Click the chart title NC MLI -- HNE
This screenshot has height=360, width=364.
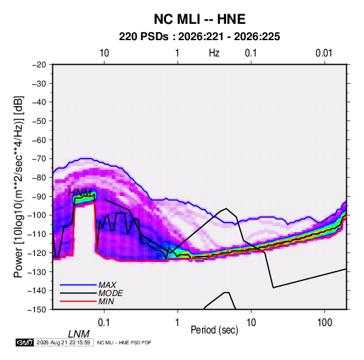pos(199,19)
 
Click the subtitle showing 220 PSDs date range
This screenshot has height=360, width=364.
pos(199,37)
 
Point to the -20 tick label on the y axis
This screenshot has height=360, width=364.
pos(39,65)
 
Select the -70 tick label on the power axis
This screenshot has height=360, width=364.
pos(39,159)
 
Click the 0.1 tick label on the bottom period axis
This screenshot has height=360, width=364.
pos(104,323)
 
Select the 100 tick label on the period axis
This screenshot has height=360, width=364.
pos(325,323)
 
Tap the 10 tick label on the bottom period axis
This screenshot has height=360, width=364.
pos(251,323)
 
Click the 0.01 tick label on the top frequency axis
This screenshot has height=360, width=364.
pos(324,53)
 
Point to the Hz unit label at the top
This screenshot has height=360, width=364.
pos(214,53)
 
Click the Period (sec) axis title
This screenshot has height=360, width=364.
pos(214,330)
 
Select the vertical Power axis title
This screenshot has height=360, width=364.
pos(18,187)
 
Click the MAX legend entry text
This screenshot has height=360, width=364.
pos(107,285)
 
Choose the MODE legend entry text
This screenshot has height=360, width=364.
pos(110,293)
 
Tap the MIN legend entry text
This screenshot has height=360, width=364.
pos(106,301)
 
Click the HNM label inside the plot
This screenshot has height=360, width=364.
pos(80,193)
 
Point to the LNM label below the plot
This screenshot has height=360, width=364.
pos(79,334)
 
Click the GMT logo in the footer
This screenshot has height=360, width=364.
pos(24,342)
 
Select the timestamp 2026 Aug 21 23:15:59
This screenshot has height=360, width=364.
pos(63,342)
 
